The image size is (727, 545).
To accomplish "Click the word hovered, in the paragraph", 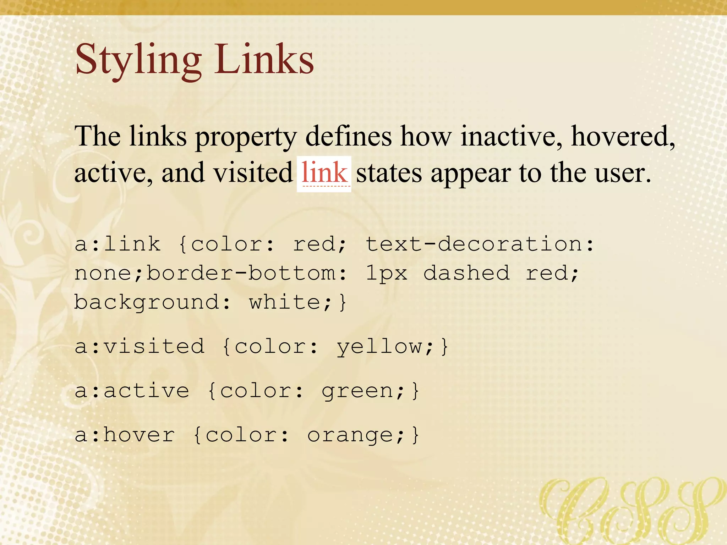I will point(623,136).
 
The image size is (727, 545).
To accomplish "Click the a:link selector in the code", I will point(117,244).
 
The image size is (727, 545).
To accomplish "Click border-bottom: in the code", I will point(247,273).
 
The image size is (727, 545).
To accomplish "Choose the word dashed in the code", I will point(466,273).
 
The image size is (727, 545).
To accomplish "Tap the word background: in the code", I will point(152,302).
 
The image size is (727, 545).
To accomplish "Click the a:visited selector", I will point(140,346).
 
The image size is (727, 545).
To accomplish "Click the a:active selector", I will point(132,391).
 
